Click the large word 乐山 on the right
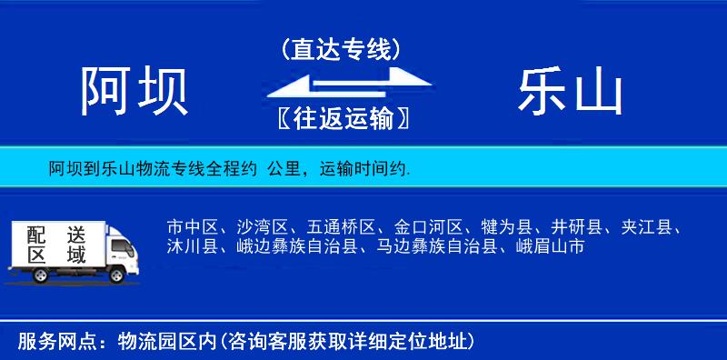point(570,92)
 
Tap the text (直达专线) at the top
point(341,48)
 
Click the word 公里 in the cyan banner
point(282,169)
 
